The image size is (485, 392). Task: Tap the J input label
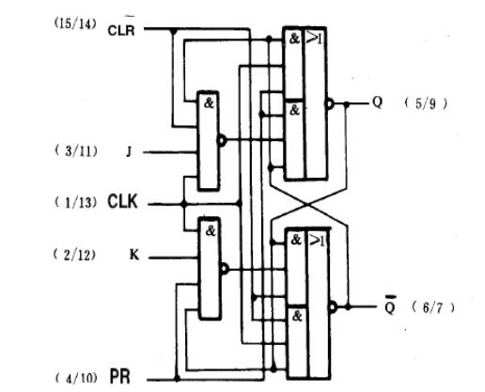(x=129, y=152)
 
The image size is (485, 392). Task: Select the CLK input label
(x=122, y=201)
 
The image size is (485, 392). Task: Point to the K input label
(x=134, y=255)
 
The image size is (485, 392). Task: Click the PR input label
(x=120, y=376)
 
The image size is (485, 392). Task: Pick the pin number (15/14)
(x=75, y=24)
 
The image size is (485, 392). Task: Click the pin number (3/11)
(x=76, y=151)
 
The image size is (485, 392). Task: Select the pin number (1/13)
(x=75, y=203)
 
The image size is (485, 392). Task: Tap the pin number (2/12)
(x=74, y=255)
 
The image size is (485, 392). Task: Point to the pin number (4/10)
(x=76, y=378)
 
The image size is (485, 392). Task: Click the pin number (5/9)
(x=426, y=103)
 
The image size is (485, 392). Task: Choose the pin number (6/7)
(x=432, y=307)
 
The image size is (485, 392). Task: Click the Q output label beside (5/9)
(x=378, y=102)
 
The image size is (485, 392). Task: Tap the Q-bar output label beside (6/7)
(x=390, y=305)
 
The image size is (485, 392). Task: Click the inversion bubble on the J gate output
(x=222, y=141)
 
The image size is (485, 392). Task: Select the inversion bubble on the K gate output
(x=225, y=269)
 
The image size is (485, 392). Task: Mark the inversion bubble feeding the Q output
(x=329, y=103)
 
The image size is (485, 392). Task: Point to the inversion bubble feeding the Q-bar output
(x=333, y=307)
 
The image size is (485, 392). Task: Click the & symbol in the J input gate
(x=209, y=102)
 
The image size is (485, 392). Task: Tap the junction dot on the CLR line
(x=173, y=31)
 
